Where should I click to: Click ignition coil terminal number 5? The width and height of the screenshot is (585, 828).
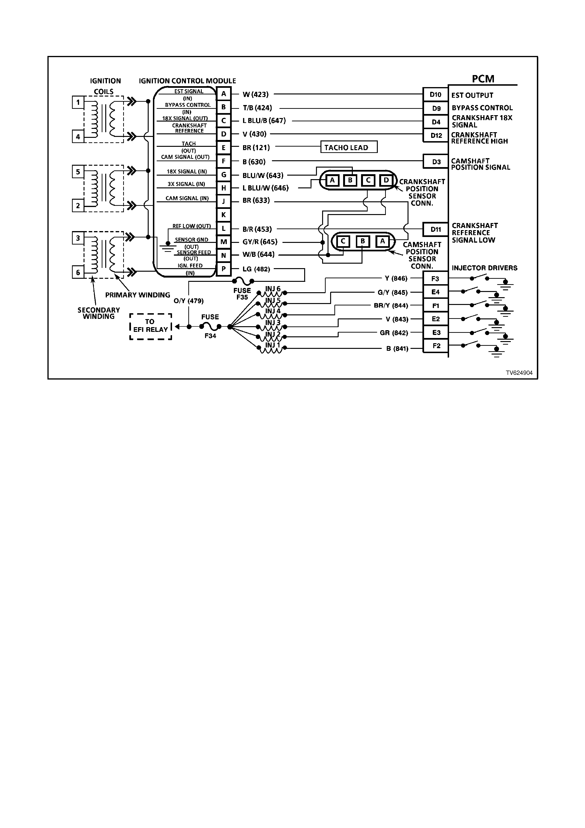tap(78, 172)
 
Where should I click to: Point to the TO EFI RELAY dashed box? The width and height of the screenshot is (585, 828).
tap(151, 326)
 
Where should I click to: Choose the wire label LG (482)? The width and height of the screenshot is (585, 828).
tap(256, 269)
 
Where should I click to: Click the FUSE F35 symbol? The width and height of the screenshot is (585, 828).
tap(243, 281)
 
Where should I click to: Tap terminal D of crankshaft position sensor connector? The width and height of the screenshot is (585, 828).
tap(386, 180)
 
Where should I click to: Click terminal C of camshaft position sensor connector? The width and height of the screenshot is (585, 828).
tap(343, 241)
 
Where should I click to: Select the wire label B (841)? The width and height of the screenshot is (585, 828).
tap(397, 349)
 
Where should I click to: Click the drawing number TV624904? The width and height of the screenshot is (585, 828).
tap(519, 373)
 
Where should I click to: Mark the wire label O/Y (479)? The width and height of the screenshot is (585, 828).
tap(189, 301)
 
